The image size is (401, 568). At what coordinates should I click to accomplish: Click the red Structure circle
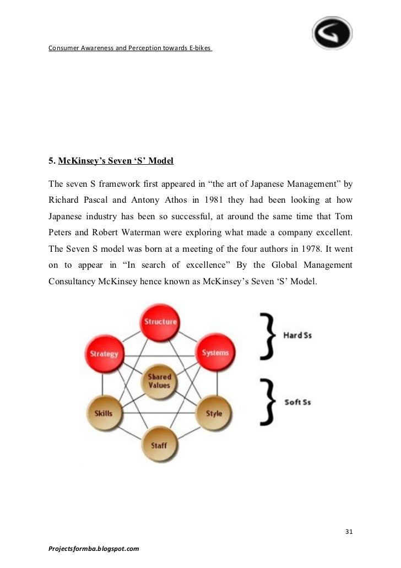(x=160, y=321)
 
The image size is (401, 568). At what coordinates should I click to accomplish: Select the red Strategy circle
(x=104, y=353)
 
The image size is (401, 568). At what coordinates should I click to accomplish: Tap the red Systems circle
(x=215, y=353)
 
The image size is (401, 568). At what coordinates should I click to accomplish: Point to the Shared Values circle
(x=159, y=381)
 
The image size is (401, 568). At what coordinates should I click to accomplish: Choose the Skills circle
(x=104, y=413)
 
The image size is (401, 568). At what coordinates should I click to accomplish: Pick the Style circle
(x=214, y=413)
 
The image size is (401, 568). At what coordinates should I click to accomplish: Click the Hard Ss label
(x=297, y=335)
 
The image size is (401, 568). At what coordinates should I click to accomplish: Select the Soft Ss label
(x=297, y=402)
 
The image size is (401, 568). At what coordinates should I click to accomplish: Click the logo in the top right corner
(x=333, y=32)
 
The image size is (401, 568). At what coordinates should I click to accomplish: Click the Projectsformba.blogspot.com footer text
(x=94, y=549)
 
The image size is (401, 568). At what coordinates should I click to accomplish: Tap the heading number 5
(x=51, y=161)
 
